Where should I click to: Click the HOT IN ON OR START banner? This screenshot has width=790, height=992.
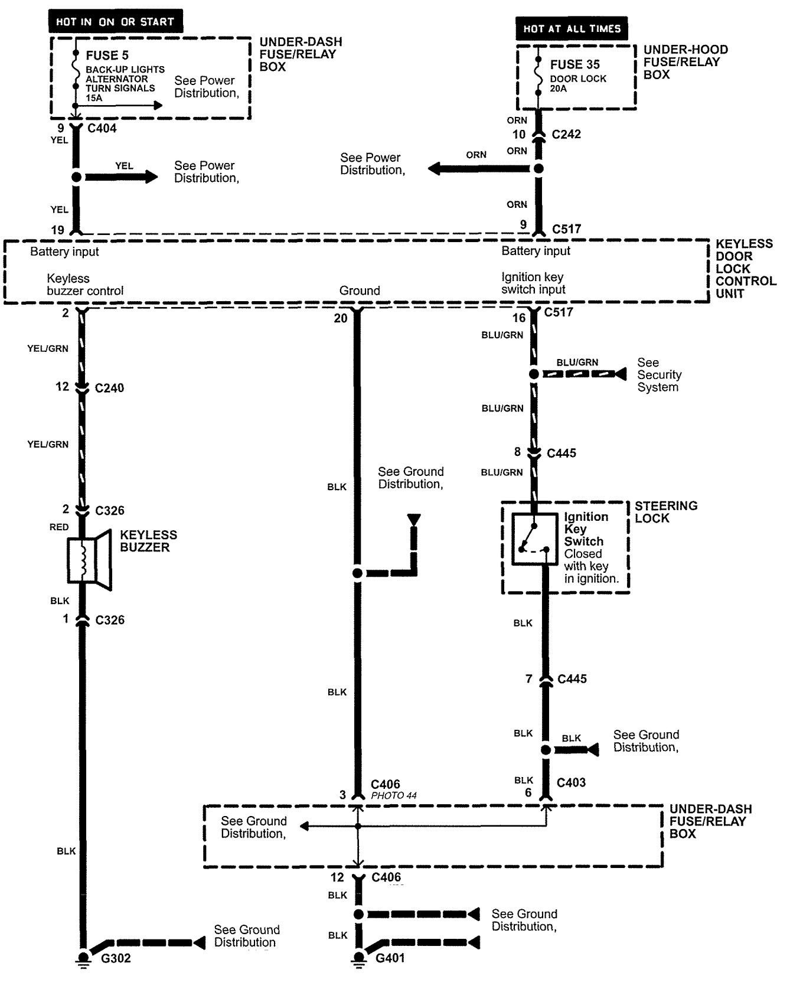tap(116, 22)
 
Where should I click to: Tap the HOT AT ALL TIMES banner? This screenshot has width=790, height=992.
tap(572, 28)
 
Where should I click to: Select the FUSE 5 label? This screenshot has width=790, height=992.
tap(107, 56)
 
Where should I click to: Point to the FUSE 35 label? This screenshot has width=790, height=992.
tap(575, 64)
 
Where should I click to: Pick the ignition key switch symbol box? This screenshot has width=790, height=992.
tap(534, 539)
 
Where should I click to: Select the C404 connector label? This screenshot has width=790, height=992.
tap(102, 128)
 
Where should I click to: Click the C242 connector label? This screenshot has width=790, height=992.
tap(566, 134)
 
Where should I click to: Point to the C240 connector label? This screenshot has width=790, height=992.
tap(109, 388)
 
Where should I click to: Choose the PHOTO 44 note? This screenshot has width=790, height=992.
tap(394, 796)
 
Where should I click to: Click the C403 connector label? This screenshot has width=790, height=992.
tap(571, 782)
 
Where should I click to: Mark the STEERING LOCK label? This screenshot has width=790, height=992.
tap(665, 512)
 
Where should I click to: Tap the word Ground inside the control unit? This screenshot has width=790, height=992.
tap(360, 291)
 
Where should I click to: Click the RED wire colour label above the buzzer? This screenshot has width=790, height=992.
tap(59, 527)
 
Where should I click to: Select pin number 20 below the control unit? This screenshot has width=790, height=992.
tap(341, 318)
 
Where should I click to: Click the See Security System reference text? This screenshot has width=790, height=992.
tap(659, 375)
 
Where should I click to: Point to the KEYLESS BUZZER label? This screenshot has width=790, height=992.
tap(148, 541)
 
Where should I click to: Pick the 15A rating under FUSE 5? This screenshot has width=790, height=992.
tap(94, 97)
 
